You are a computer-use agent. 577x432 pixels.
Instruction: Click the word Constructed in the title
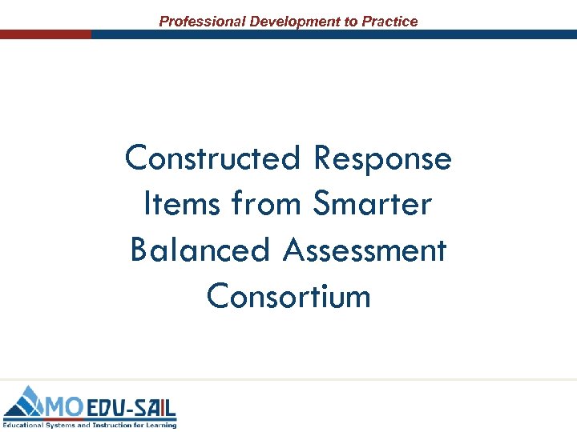214,158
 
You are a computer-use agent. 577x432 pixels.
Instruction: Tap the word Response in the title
383,158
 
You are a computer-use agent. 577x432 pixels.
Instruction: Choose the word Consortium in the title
288,297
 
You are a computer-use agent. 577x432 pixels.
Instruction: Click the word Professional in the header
202,22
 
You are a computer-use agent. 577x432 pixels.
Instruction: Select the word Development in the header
295,22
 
